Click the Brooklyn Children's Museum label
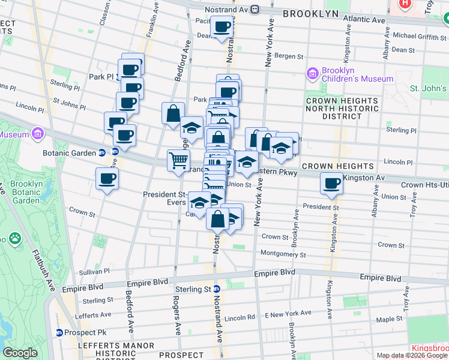pos(357,74)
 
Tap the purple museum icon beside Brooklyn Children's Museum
pos(312,74)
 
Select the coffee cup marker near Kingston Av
pos(331,184)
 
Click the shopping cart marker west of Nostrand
pos(178,161)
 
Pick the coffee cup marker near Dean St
pos(221,28)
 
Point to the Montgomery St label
pos(283,255)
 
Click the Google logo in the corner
pos(20,353)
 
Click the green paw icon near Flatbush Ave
pos(14,239)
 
